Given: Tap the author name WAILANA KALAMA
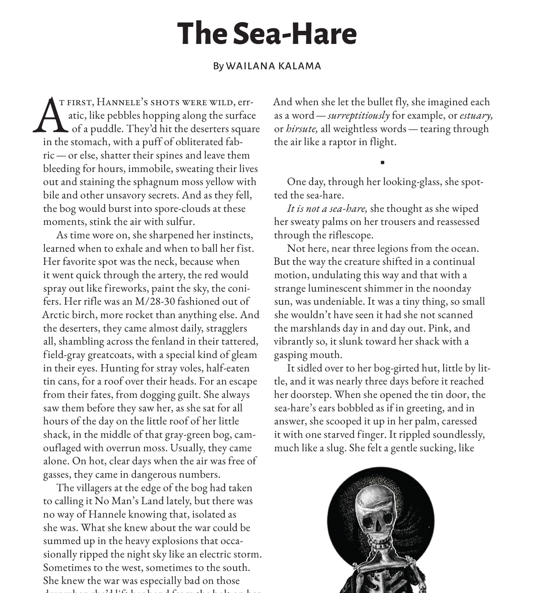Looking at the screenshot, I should (x=273, y=66).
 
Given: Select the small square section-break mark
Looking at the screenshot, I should (x=382, y=163).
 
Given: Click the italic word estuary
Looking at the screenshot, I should (x=476, y=115).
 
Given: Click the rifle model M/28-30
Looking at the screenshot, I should (x=158, y=301).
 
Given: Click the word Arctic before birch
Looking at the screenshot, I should (x=55, y=315).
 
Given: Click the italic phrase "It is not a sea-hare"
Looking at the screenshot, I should (x=327, y=208).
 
